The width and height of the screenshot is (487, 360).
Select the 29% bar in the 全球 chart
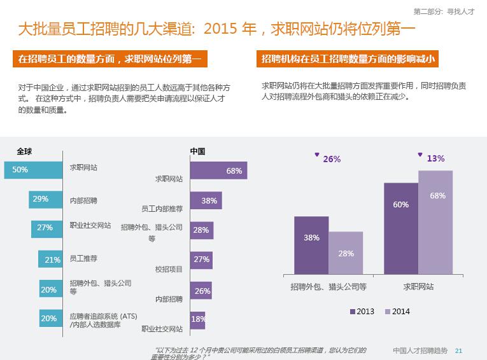[x=45, y=199]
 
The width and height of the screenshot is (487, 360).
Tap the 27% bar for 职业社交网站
[x=46, y=228]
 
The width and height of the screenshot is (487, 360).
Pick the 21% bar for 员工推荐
[x=50, y=259]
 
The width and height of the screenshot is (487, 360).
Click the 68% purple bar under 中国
[x=218, y=170]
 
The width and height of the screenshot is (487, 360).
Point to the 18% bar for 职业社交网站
[x=198, y=319]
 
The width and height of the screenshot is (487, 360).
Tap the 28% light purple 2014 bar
[x=346, y=253]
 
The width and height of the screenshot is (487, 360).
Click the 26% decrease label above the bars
[x=331, y=159]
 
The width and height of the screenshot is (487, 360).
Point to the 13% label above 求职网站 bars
[x=435, y=158]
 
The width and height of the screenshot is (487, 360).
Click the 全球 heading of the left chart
[x=24, y=151]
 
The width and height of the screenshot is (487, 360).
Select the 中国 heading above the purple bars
[x=197, y=151]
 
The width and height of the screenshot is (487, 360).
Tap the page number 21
[x=459, y=350]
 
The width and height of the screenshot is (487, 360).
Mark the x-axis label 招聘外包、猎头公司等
[x=328, y=287]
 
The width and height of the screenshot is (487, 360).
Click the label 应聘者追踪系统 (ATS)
[x=103, y=316]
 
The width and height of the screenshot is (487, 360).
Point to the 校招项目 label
[x=169, y=269]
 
